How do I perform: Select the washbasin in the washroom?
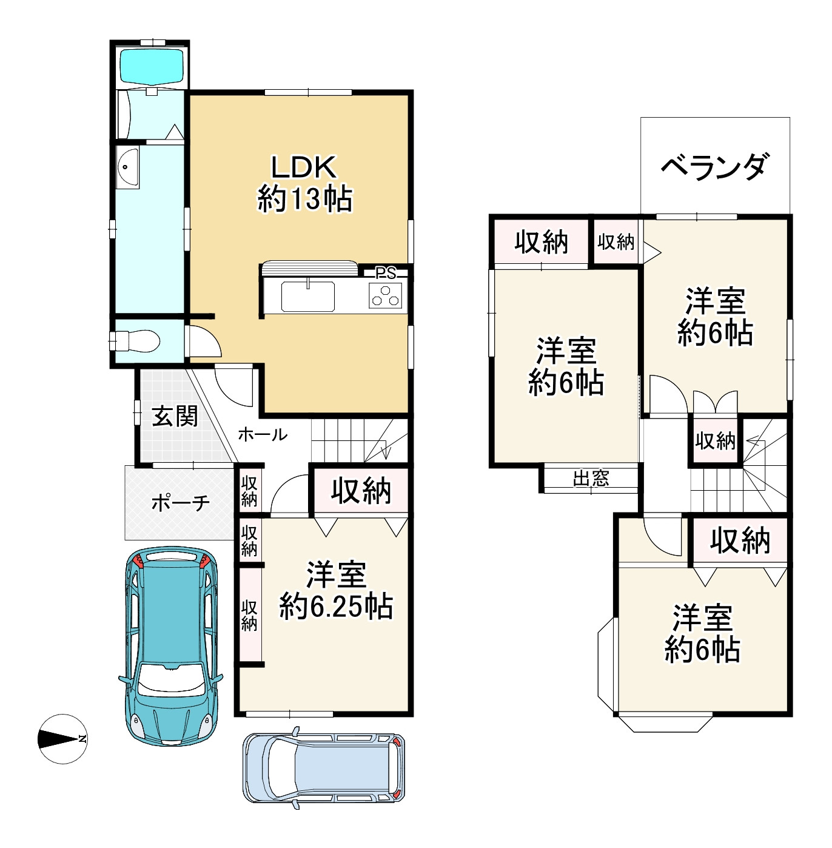point(127,167)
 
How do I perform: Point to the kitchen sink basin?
point(307,296)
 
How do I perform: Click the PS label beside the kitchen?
point(386,274)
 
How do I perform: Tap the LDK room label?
point(304,167)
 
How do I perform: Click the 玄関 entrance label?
point(175,416)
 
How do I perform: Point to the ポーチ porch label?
point(180,502)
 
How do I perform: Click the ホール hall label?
point(263,435)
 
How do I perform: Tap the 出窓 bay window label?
point(591,478)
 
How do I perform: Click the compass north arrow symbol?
point(62,739)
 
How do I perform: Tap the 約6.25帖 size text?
point(336,607)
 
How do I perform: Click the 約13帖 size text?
point(304,200)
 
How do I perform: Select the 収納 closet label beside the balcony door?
point(616,241)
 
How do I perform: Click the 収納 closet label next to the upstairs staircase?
point(716,440)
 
